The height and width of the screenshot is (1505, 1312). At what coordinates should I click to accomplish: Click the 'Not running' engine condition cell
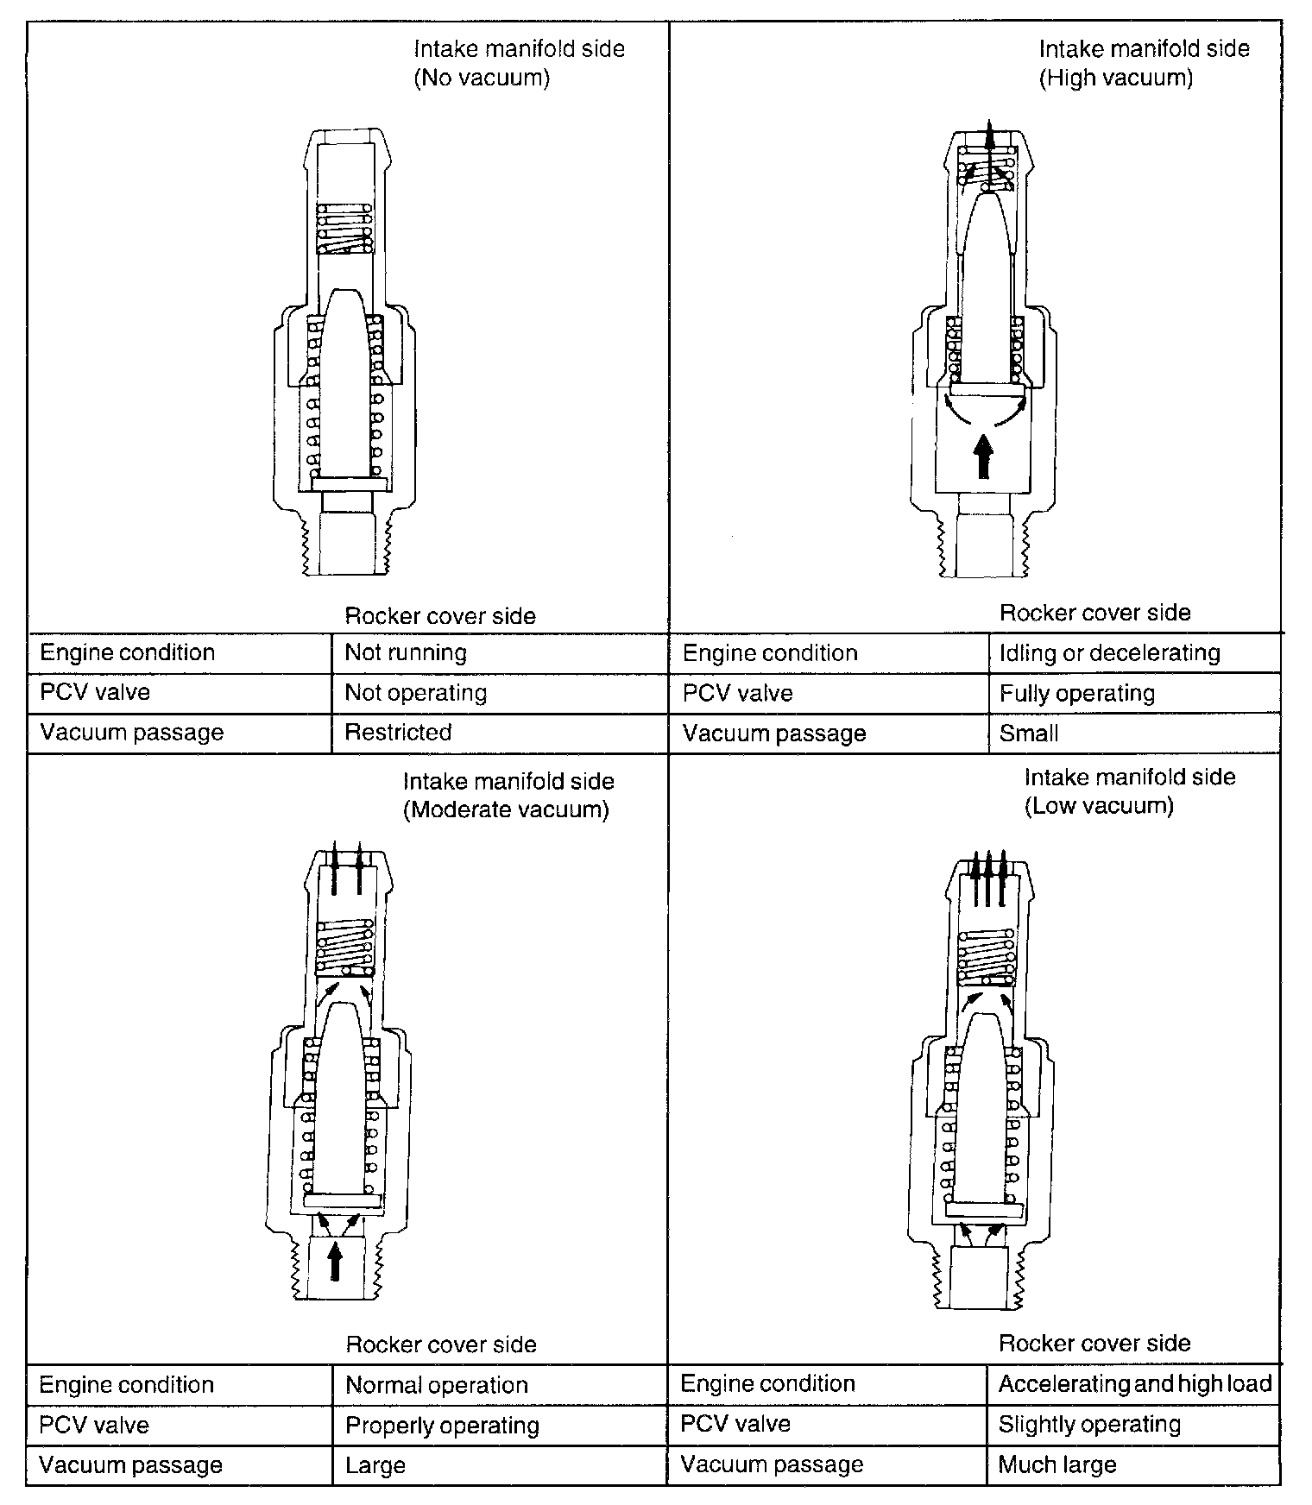406,652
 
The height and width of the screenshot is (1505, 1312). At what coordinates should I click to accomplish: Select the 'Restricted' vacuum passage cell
398,733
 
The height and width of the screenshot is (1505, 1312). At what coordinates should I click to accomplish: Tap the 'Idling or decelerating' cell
1109,653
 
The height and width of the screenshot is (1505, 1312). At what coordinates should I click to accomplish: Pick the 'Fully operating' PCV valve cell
1076,694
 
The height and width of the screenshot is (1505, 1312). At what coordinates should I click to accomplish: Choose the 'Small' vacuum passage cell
1029,734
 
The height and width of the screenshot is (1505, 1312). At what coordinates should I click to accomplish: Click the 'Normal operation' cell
436,1385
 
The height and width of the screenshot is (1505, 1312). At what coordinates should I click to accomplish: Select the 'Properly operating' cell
442,1426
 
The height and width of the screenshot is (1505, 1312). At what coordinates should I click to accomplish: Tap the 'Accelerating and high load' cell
1134,1384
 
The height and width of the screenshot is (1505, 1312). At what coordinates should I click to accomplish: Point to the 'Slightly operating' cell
1089,1424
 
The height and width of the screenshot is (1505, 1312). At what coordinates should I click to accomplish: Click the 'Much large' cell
1057,1464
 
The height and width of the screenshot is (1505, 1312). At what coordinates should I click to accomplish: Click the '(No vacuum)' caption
482,79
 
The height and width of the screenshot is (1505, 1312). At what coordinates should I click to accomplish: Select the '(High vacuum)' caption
1115,79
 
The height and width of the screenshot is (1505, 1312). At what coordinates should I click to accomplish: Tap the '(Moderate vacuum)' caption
506,810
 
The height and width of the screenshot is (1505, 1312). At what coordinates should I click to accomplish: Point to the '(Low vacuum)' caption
1099,806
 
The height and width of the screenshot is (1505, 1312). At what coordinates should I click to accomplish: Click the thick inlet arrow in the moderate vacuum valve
336,1260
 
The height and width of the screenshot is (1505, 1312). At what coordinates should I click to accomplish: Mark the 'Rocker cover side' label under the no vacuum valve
440,616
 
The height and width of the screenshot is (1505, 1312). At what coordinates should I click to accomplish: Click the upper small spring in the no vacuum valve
344,229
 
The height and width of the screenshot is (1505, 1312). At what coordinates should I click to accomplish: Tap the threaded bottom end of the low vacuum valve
982,1276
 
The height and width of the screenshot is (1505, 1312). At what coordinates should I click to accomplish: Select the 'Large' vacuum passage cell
375,1465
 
